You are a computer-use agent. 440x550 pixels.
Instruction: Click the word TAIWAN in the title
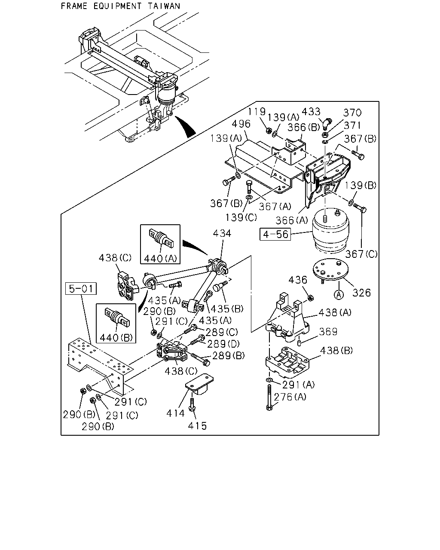[x=164, y=6]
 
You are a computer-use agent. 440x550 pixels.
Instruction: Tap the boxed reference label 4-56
[x=275, y=234]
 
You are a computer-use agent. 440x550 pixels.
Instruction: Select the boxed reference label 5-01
[x=81, y=289]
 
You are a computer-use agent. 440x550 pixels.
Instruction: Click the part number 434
[x=222, y=233]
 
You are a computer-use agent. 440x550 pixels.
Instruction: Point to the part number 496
[x=241, y=124]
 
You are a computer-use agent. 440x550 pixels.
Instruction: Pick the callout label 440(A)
[x=161, y=259]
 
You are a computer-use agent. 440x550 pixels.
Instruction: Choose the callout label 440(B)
[x=116, y=338]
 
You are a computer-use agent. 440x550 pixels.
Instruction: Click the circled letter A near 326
[x=339, y=295]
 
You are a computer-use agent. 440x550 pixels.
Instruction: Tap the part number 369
[x=328, y=332]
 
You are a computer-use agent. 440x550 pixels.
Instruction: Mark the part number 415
[x=197, y=426]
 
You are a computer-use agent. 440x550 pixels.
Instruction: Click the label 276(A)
[x=290, y=397]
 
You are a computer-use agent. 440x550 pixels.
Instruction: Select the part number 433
[x=311, y=112]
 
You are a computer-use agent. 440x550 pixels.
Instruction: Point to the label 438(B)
[x=336, y=351]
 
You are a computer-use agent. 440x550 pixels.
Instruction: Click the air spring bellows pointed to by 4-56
[x=330, y=231]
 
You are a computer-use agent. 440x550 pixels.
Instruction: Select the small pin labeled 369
[x=299, y=342]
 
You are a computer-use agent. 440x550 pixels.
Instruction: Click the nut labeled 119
[x=269, y=130]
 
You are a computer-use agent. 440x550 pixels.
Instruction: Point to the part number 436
[x=298, y=280]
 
